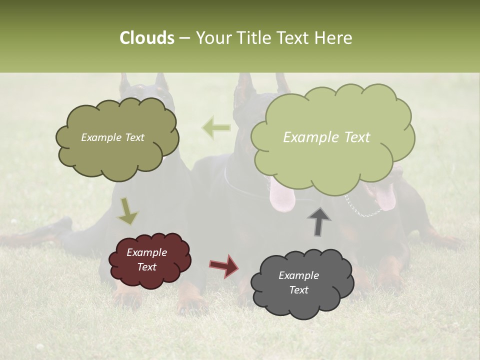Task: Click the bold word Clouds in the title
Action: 146,38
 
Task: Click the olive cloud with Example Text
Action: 116,137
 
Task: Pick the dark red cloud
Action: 148,260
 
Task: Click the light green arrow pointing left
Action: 216,128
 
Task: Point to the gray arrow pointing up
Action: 318,221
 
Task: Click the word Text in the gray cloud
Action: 298,290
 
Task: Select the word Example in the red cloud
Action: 146,252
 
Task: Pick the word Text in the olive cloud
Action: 134,137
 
